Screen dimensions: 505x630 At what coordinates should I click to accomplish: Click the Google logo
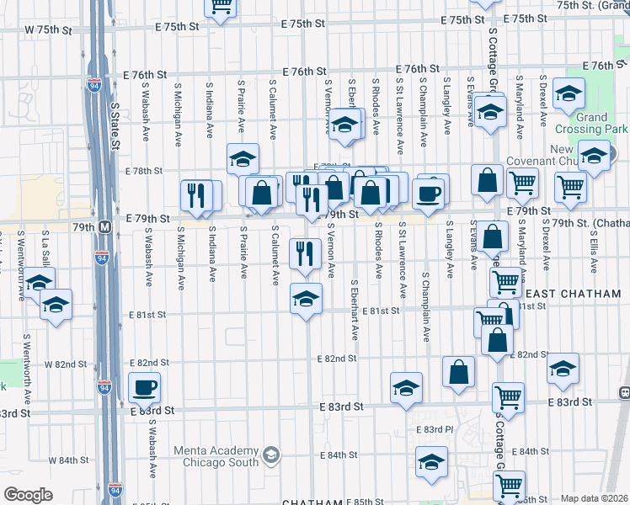[x=29, y=495]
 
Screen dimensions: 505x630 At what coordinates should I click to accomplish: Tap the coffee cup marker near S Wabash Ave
[x=144, y=388]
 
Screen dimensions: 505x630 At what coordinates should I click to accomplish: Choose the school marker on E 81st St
[x=307, y=298]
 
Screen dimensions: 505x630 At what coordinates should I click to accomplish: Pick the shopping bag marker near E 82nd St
[x=458, y=373]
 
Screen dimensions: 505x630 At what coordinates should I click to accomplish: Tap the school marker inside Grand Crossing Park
[x=569, y=94]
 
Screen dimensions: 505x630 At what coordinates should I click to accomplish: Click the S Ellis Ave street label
[x=595, y=249]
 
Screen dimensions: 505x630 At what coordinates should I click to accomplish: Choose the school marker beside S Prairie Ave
[x=243, y=158]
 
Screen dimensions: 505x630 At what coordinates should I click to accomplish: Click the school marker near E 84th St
[x=431, y=462]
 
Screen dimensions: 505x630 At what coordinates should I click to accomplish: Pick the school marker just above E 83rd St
[x=406, y=388]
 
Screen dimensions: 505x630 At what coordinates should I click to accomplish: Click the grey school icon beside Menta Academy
[x=271, y=456]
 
